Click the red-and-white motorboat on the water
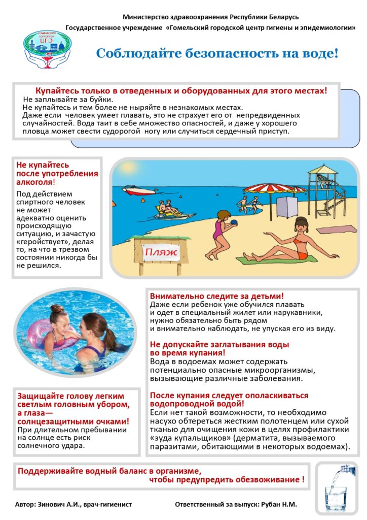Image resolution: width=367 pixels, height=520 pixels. point(138,191)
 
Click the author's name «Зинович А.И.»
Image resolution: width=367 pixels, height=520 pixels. point(64,505)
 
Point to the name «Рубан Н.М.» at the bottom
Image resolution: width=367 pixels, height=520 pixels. point(280,505)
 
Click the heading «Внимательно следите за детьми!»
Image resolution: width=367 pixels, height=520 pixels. point(217,296)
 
